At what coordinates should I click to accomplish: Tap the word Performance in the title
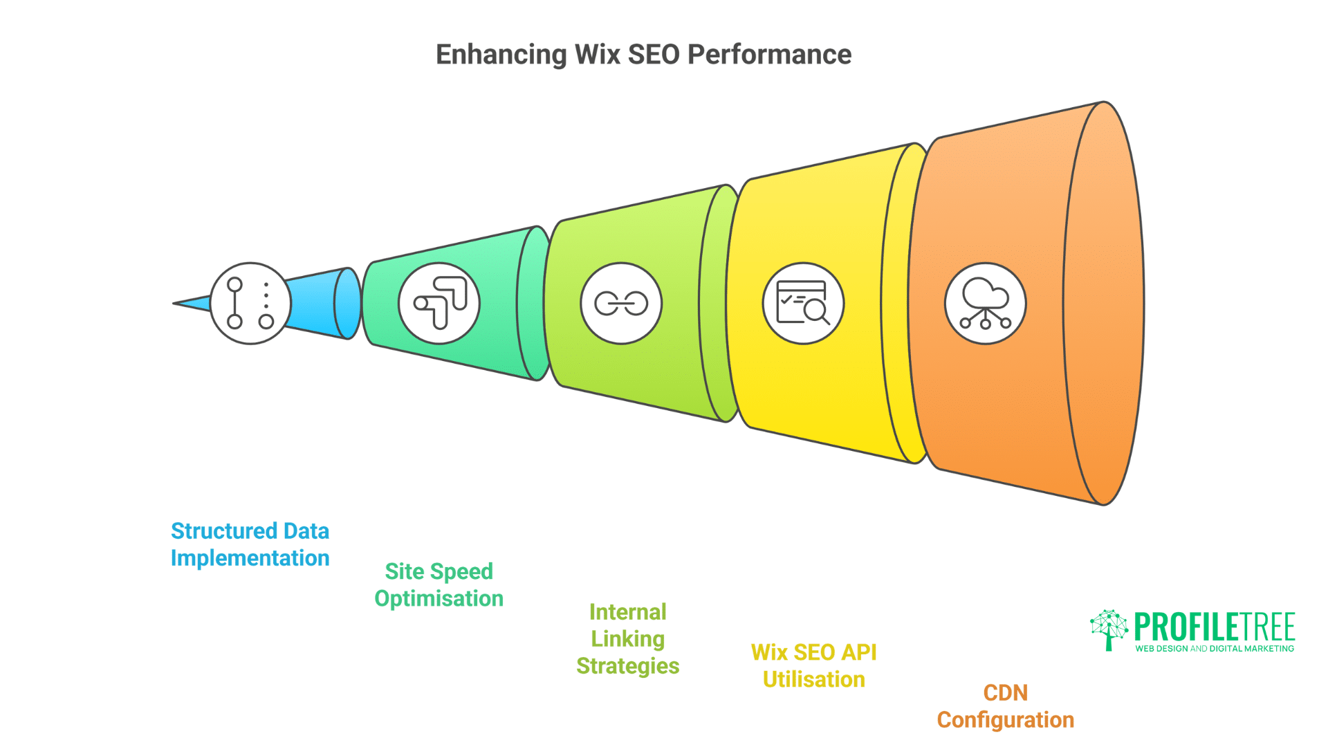769,55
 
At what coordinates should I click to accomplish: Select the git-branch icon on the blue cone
250,303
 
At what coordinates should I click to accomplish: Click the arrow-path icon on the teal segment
439,303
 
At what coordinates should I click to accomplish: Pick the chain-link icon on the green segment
621,303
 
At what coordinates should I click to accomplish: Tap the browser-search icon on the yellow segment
803,303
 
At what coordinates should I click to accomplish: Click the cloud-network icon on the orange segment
985,303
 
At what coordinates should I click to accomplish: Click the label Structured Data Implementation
250,544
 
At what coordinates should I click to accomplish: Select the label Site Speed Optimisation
439,584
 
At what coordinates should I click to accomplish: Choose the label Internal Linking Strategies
627,638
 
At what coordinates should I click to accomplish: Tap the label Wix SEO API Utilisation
813,665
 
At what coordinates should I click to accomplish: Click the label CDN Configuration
1005,705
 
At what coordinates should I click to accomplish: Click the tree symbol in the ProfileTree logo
1109,629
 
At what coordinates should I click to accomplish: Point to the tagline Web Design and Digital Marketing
1214,649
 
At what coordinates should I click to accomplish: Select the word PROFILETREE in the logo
1214,627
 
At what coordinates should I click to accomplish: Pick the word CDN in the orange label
1005,692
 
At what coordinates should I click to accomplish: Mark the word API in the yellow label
858,652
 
